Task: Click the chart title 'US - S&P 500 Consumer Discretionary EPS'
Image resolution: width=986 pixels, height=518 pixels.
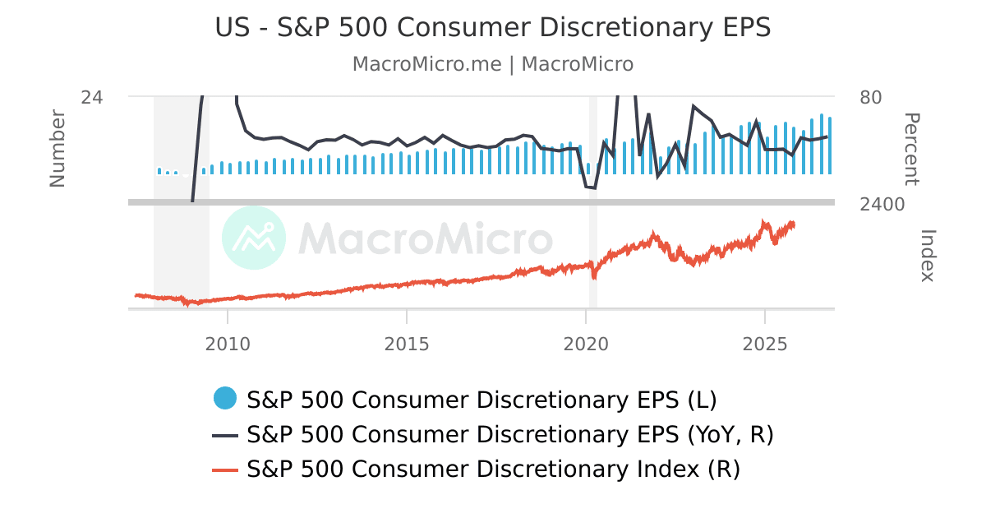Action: pos(493,27)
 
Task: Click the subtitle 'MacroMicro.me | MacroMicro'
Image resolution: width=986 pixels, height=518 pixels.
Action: pos(493,64)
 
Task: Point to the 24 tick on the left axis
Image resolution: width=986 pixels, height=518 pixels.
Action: pos(92,97)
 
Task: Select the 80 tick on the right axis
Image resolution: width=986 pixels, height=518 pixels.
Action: pos(871,97)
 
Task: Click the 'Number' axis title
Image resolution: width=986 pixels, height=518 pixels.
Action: pos(58,148)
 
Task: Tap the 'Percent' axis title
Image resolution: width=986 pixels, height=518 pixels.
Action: pos(911,149)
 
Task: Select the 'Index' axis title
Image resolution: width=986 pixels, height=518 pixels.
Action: pos(927,256)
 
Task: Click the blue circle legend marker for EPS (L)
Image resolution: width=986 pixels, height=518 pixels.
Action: pos(225,399)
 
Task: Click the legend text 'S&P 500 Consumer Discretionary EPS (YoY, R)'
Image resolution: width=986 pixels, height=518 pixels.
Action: pos(510,434)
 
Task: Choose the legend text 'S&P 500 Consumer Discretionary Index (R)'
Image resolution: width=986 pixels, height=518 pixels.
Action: pos(494,469)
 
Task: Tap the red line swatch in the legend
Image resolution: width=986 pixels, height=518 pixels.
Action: pos(225,470)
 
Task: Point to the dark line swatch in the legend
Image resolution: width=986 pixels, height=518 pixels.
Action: pos(225,435)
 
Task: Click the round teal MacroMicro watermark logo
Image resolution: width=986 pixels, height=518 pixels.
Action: pos(254,238)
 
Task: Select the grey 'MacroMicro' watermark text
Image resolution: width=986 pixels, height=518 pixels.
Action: pos(425,238)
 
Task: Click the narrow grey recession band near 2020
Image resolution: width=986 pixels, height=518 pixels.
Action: pos(592,247)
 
